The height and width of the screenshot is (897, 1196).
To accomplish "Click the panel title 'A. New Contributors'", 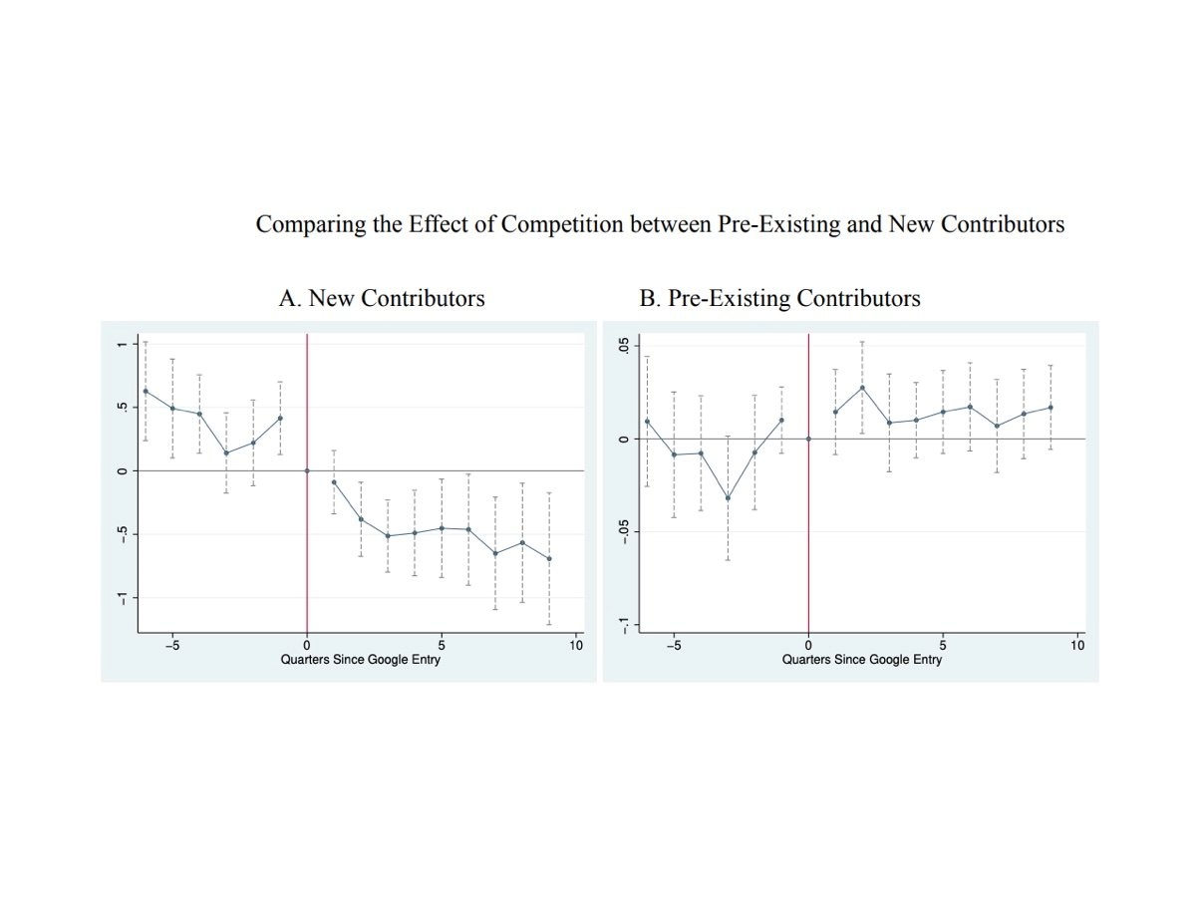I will [x=382, y=298].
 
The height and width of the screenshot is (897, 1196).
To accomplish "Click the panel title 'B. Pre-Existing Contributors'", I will [x=779, y=298].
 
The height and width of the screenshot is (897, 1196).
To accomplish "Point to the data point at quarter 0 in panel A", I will [x=307, y=470].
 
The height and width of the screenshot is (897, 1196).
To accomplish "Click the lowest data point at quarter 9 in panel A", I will [x=549, y=559].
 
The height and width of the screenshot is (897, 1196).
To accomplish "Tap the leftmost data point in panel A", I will [x=146, y=391].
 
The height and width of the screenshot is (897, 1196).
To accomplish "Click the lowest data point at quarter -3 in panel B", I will [x=728, y=498].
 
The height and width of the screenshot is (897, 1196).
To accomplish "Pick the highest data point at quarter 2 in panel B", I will [x=862, y=387].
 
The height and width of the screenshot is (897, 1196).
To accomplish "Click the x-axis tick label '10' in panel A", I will [x=576, y=647].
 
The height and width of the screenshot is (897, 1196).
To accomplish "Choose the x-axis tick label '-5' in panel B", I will [x=674, y=647].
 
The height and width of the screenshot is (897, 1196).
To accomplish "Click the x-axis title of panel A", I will [x=361, y=660].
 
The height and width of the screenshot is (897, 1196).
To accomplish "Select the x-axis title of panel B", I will [x=862, y=660].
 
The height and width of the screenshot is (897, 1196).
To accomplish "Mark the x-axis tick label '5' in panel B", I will [x=943, y=647].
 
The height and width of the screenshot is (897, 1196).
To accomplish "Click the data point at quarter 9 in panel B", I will [x=1050, y=407].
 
